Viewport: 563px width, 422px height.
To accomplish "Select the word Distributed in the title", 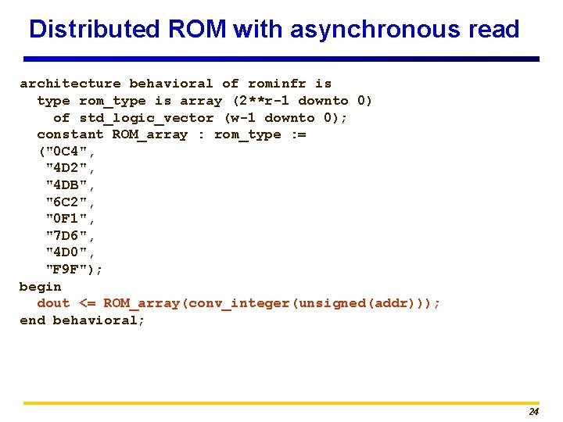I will (x=94, y=30).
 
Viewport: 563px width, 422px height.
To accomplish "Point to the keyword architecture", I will (x=70, y=84).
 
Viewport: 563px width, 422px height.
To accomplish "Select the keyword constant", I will (x=70, y=134).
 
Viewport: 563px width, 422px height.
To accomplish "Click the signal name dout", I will (x=53, y=303).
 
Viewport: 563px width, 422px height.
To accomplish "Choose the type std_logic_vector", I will (x=146, y=118).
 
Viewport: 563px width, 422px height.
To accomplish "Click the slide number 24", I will (x=533, y=412).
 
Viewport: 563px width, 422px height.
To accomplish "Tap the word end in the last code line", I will (x=32, y=320).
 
